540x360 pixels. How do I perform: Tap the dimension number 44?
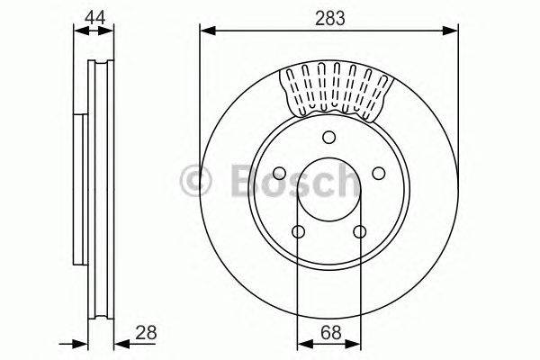click(94, 16)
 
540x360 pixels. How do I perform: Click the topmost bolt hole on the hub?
click(328, 137)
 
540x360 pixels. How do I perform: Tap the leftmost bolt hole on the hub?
click(279, 174)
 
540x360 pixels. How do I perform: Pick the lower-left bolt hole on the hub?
click(298, 232)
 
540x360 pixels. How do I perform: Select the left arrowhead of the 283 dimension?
click(205, 32)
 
